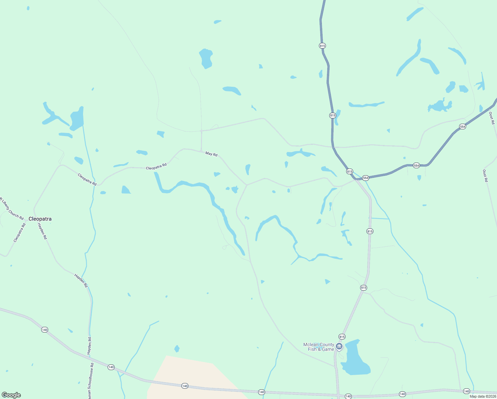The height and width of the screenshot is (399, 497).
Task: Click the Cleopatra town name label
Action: click(x=40, y=219)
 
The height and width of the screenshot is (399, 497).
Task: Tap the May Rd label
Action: click(x=211, y=154)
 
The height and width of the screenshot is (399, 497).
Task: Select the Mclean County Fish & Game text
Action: click(x=319, y=347)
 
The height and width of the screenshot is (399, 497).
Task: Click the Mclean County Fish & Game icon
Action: click(x=339, y=346)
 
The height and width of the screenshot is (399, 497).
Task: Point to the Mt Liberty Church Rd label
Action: click(x=11, y=208)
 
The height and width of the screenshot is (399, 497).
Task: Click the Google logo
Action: click(x=11, y=395)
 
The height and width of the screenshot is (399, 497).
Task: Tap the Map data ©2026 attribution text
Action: click(x=483, y=396)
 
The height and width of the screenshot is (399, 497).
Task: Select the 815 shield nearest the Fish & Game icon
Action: click(x=342, y=336)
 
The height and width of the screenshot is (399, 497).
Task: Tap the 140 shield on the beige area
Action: click(x=185, y=386)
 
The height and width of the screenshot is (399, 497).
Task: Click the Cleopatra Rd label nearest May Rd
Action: click(x=156, y=166)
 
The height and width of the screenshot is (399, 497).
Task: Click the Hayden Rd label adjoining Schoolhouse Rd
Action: click(x=89, y=346)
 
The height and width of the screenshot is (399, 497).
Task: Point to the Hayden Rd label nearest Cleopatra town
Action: click(x=42, y=231)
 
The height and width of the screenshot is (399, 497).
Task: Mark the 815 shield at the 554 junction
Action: click(x=349, y=171)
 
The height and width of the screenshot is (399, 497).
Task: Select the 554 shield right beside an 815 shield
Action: click(x=365, y=178)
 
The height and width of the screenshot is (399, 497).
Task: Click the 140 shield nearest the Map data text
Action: click(x=466, y=391)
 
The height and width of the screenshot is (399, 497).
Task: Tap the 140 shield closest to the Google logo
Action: click(x=45, y=330)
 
